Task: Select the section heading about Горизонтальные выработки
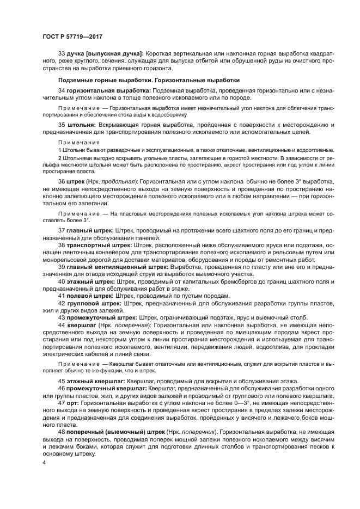click(149, 80)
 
